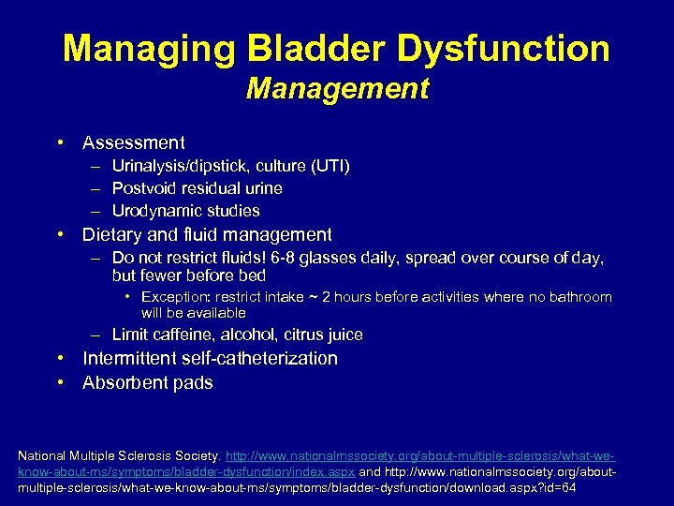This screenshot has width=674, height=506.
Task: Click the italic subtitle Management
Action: tap(337, 89)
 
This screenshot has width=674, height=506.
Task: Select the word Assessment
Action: tap(134, 143)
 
